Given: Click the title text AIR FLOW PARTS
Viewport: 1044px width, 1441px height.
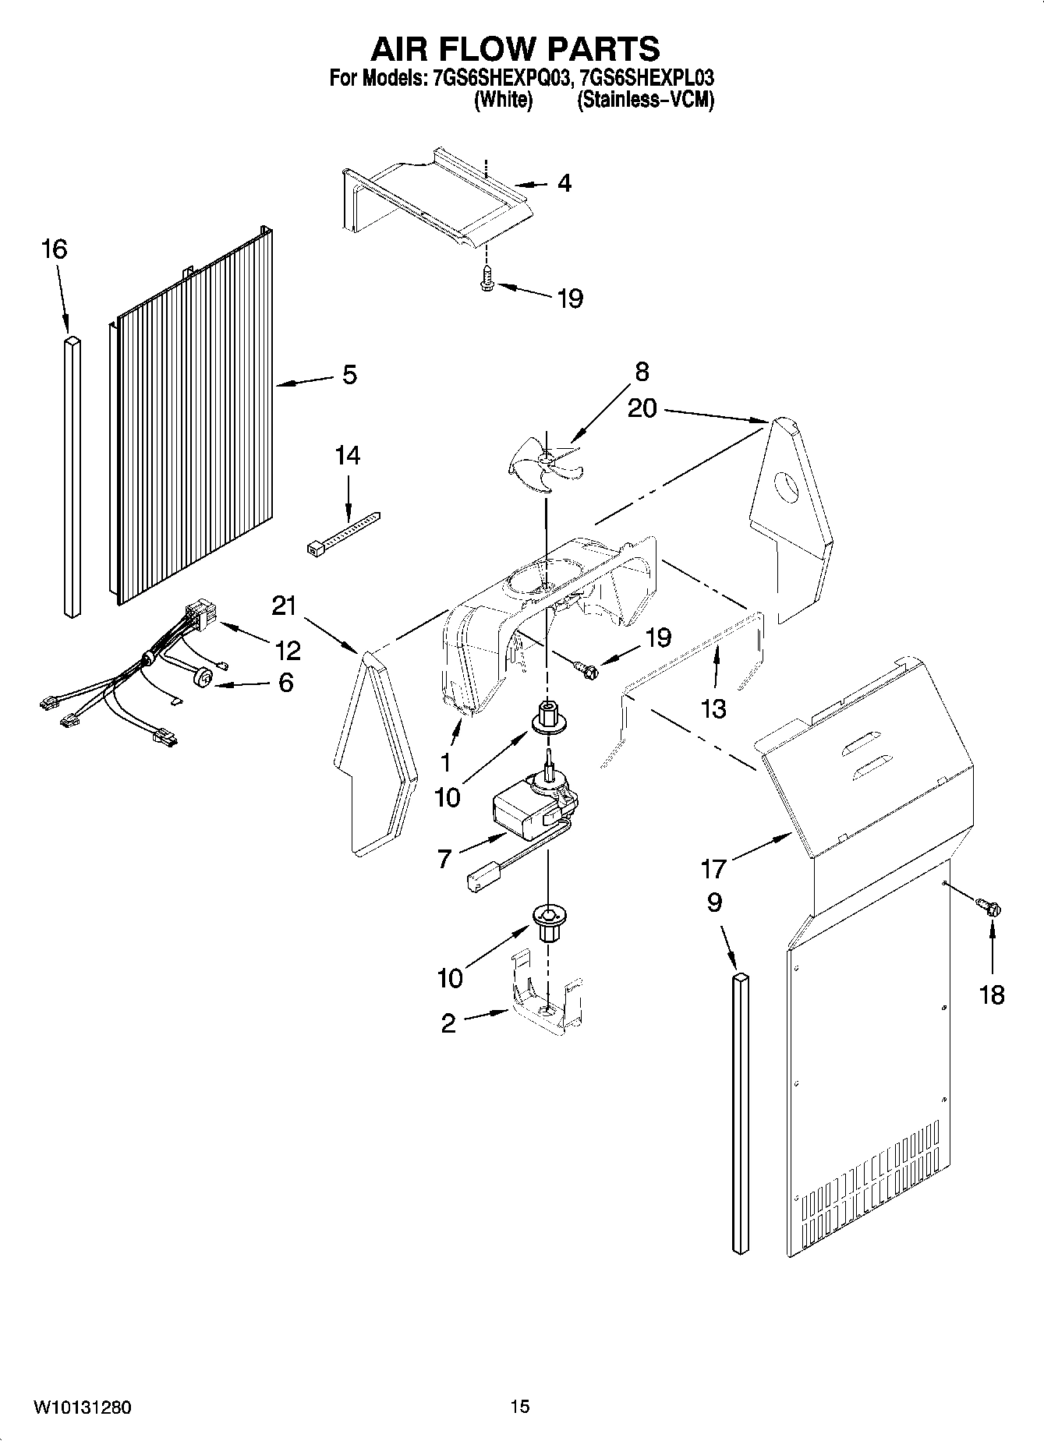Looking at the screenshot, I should pyautogui.click(x=515, y=48).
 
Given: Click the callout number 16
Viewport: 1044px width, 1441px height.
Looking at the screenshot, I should pyautogui.click(x=54, y=249).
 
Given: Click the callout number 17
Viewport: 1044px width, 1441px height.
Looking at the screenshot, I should pyautogui.click(x=713, y=867).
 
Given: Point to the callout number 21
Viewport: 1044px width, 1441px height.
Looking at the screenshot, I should pyautogui.click(x=285, y=605).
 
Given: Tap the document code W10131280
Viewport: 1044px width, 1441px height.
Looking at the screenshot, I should pyautogui.click(x=82, y=1407).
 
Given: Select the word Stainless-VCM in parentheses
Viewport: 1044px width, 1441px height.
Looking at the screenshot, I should pyautogui.click(x=645, y=100).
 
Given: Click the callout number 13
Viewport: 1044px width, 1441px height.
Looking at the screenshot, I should pyautogui.click(x=713, y=708).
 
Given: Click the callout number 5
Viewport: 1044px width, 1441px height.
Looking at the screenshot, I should pyautogui.click(x=350, y=375).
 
